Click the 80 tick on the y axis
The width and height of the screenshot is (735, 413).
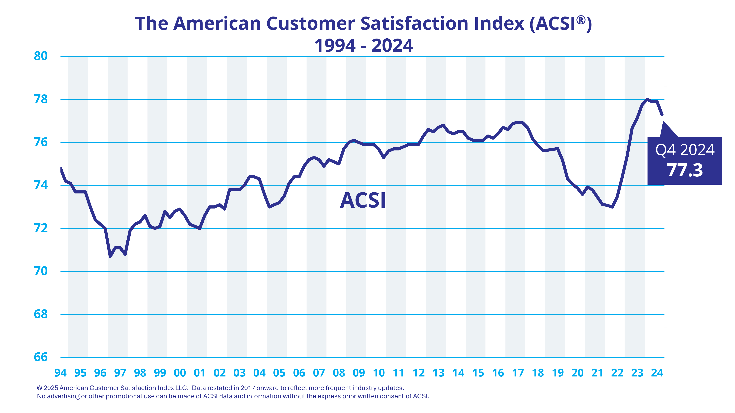40,56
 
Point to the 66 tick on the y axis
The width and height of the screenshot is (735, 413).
40,357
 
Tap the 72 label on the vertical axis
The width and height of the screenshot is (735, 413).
40,228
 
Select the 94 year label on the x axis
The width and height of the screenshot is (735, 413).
60,373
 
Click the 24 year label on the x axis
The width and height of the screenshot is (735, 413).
657,373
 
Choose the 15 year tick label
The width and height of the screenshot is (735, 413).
478,373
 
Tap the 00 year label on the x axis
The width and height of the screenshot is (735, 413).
180,373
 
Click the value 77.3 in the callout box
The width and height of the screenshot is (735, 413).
685,171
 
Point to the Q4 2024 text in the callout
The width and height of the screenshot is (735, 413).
685,150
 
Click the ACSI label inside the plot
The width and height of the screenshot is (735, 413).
363,200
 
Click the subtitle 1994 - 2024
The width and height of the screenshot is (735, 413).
363,46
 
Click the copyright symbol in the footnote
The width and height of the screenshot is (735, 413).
40,388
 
